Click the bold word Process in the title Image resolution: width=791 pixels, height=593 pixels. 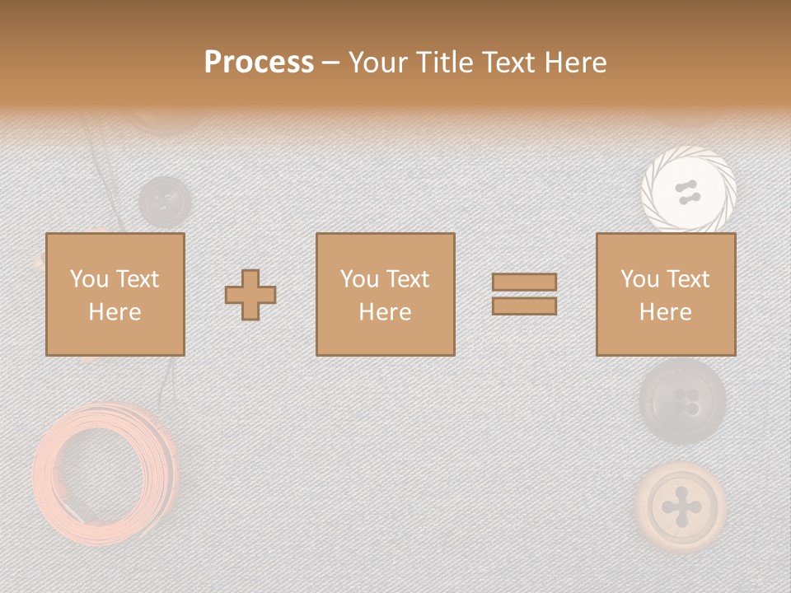click(x=259, y=63)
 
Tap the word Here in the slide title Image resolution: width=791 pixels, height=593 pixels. click(x=574, y=63)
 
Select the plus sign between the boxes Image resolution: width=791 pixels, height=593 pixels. click(x=250, y=295)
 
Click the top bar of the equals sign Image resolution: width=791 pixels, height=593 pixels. click(x=524, y=282)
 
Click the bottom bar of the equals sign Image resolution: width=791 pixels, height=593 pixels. click(x=524, y=306)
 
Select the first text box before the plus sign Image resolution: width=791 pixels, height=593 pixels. click(x=115, y=294)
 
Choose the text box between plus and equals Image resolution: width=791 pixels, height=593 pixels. click(x=386, y=294)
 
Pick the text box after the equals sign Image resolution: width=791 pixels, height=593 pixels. click(x=666, y=294)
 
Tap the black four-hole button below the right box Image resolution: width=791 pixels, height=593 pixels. click(x=683, y=402)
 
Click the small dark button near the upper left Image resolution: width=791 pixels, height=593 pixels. click(x=164, y=200)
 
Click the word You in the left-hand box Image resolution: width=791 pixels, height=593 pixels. click(x=88, y=279)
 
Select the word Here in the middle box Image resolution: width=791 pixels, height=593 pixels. click(x=386, y=312)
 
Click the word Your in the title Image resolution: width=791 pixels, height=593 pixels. click(x=379, y=63)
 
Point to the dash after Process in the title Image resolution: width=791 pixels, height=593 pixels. click(x=330, y=63)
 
